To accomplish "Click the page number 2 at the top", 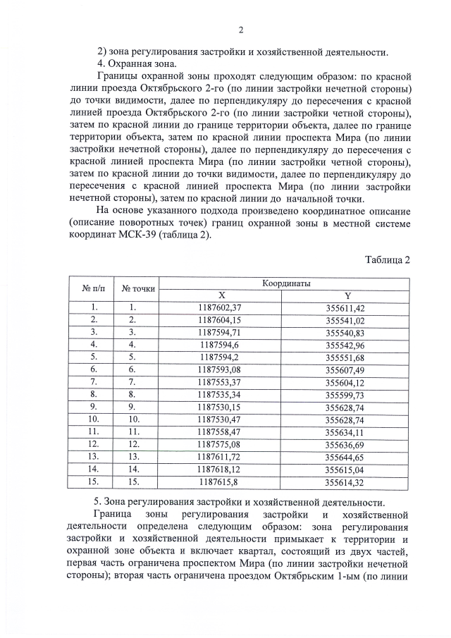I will point(240,30).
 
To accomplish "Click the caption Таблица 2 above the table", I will point(387,259).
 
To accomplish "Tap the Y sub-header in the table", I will point(346,295).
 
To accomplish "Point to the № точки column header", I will point(138,289).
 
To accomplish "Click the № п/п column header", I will point(94,289).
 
